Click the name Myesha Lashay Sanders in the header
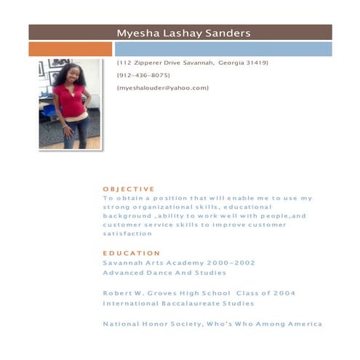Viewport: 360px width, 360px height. point(183,33)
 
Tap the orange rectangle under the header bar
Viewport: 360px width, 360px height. point(70,49)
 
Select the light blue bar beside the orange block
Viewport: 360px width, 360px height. point(223,49)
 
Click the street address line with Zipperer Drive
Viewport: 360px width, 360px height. point(192,63)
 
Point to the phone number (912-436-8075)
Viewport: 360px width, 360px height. point(143,76)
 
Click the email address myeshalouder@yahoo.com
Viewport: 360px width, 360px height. point(162,88)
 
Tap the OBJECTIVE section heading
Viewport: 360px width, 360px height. point(129,189)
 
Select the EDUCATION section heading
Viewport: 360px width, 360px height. point(132,253)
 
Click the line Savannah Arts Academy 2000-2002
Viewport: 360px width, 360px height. point(179,263)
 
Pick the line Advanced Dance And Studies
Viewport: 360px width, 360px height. point(164,273)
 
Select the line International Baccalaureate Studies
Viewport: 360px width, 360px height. point(178,303)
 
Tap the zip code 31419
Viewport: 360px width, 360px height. point(255,63)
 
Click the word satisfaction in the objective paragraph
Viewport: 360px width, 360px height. point(127,234)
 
